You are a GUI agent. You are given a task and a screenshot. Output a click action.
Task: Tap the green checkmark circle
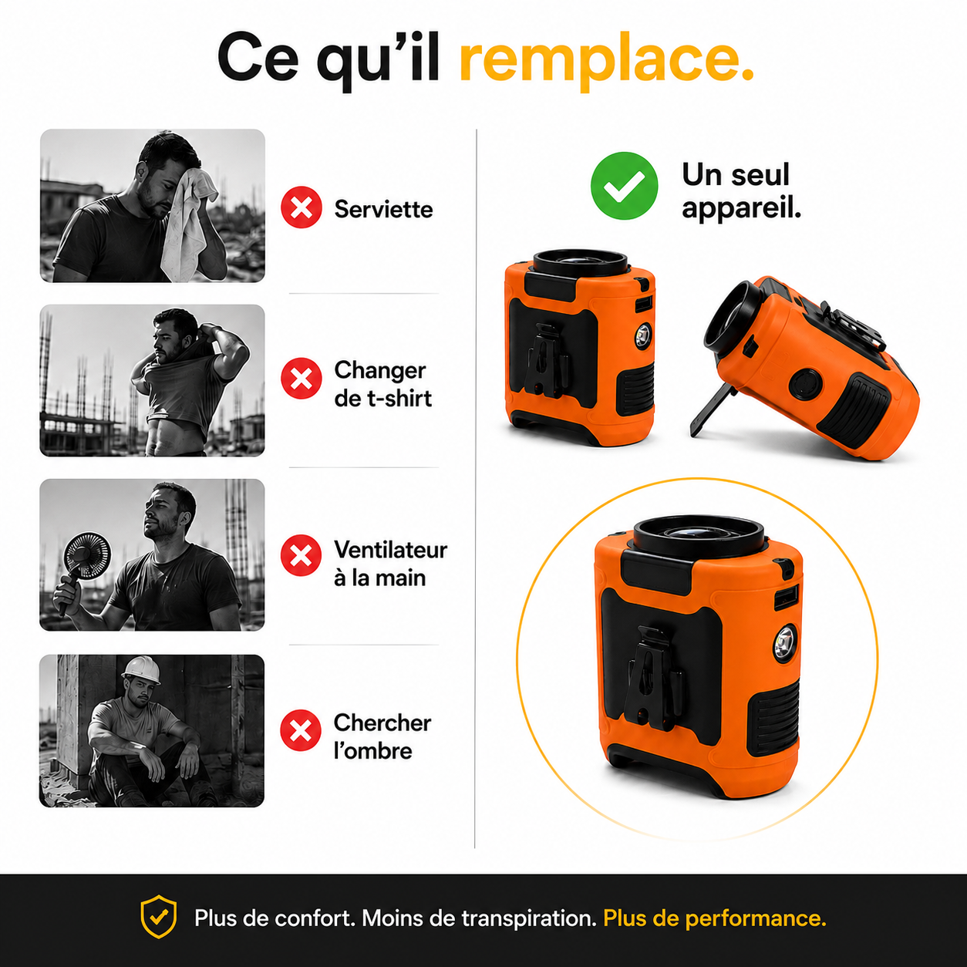pyautogui.click(x=625, y=186)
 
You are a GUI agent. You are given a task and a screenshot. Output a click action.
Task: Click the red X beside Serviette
pyautogui.click(x=301, y=207)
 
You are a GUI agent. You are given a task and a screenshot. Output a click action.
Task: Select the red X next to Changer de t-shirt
pyautogui.click(x=301, y=379)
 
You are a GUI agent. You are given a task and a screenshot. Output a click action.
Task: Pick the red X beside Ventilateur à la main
pyautogui.click(x=301, y=555)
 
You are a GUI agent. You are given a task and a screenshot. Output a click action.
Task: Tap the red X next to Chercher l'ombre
pyautogui.click(x=301, y=730)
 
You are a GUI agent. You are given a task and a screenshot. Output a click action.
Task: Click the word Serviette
pyautogui.click(x=383, y=209)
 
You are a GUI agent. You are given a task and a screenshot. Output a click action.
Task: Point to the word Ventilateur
pyautogui.click(x=390, y=550)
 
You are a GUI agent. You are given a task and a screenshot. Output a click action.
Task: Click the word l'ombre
pyautogui.click(x=373, y=751)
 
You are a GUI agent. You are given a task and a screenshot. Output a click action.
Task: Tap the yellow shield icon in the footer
pyautogui.click(x=158, y=917)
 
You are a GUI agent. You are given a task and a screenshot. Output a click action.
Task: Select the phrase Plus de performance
pyautogui.click(x=714, y=919)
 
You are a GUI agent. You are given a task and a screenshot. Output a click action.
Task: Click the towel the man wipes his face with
pyautogui.click(x=190, y=221)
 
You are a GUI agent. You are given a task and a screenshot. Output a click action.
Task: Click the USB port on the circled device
pyautogui.click(x=783, y=598)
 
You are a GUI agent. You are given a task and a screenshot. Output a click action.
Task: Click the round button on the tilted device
pyautogui.click(x=804, y=384)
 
